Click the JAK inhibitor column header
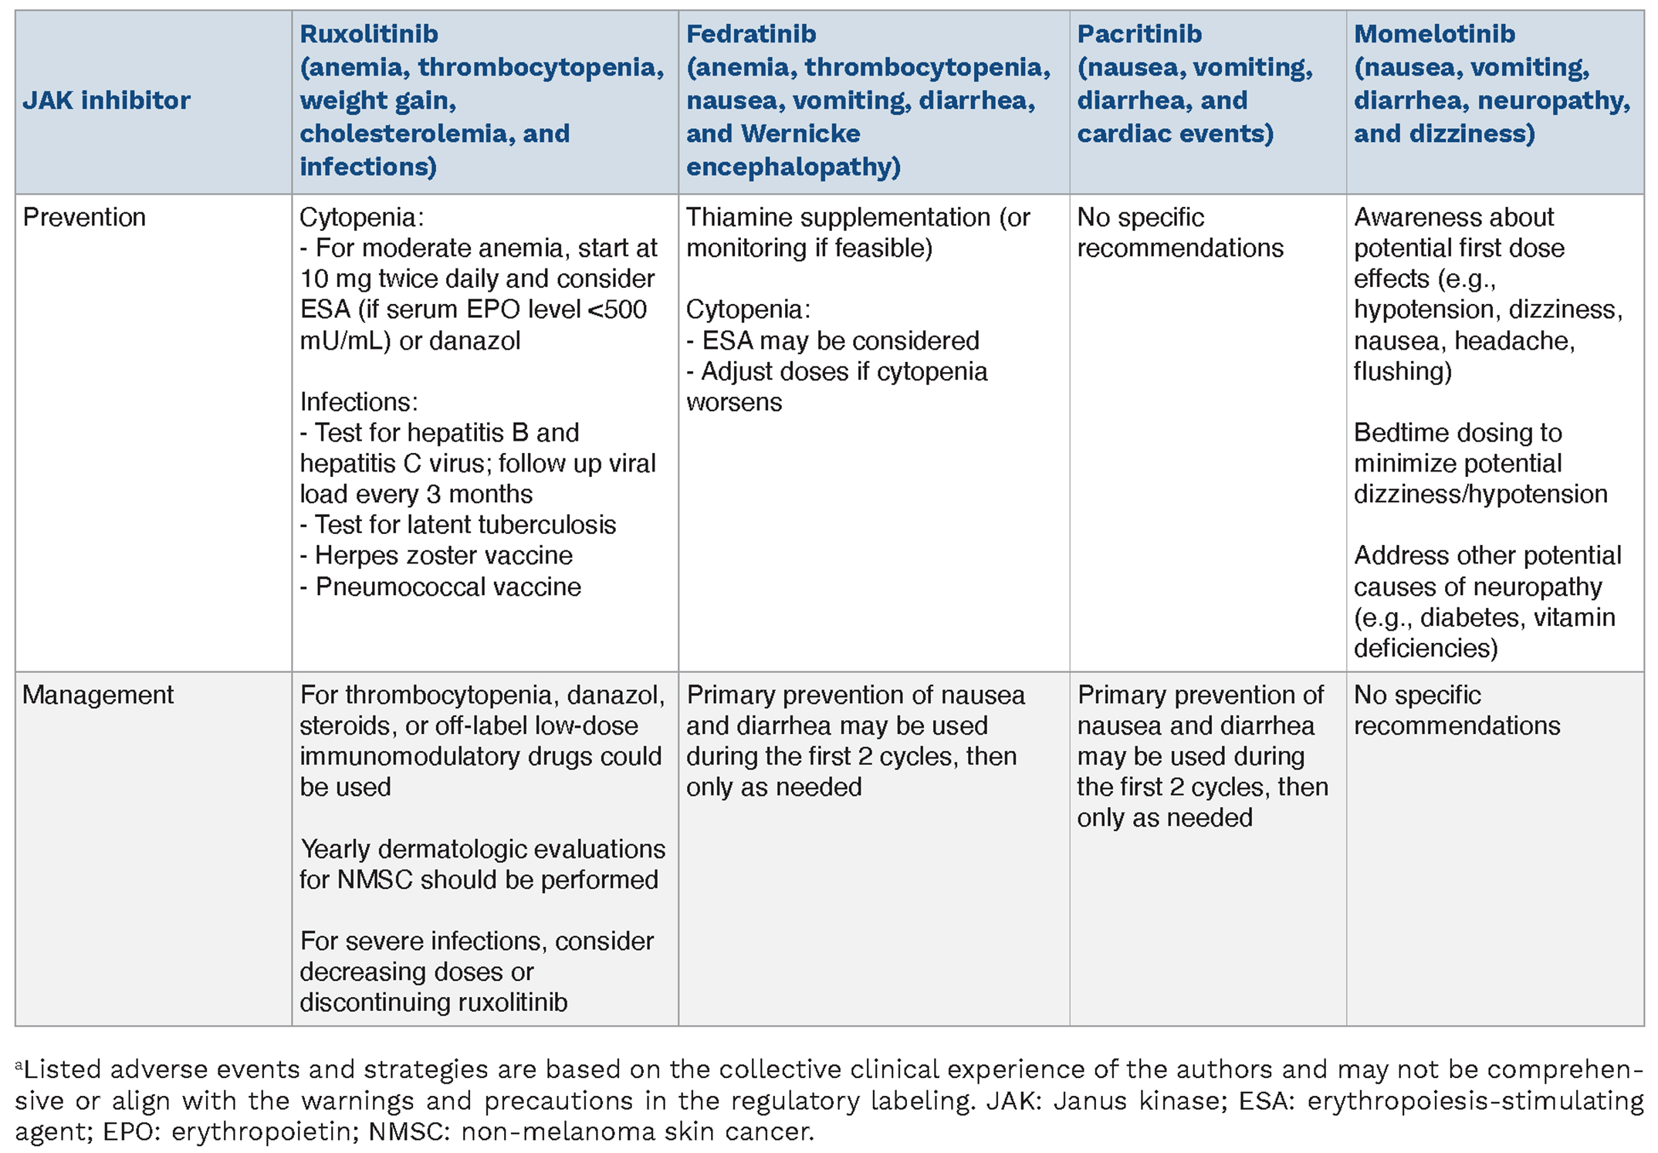click(x=106, y=100)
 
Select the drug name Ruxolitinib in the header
click(x=368, y=34)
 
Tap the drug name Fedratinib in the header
click(x=750, y=34)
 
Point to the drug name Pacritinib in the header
click(x=1139, y=34)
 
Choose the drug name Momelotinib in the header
click(x=1434, y=34)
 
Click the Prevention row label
click(x=83, y=218)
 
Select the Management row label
click(x=97, y=695)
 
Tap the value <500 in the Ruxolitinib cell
click(x=617, y=309)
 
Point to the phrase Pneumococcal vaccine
click(x=448, y=587)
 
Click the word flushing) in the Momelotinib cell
click(x=1403, y=371)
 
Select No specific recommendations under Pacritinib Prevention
click(x=1179, y=232)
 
